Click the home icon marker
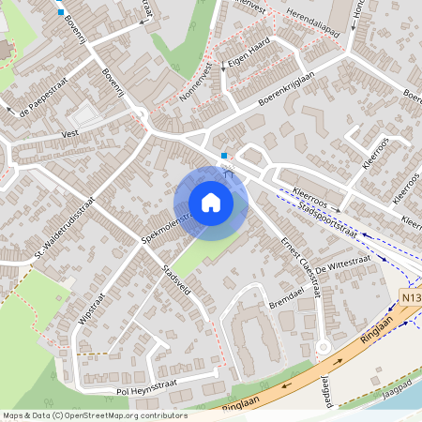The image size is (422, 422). click(x=211, y=203)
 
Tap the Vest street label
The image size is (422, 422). click(x=68, y=134)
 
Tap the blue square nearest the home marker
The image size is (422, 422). click(x=223, y=156)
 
